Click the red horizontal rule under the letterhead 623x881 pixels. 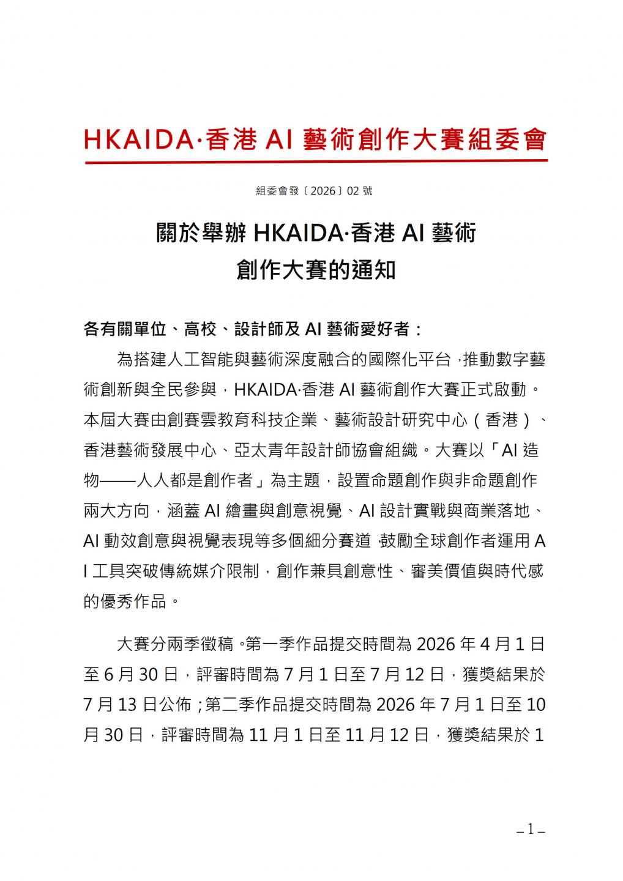[x=316, y=162]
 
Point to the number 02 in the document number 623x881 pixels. [x=353, y=191]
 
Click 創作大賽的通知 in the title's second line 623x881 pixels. [x=316, y=270]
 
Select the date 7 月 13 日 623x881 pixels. [x=118, y=704]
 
